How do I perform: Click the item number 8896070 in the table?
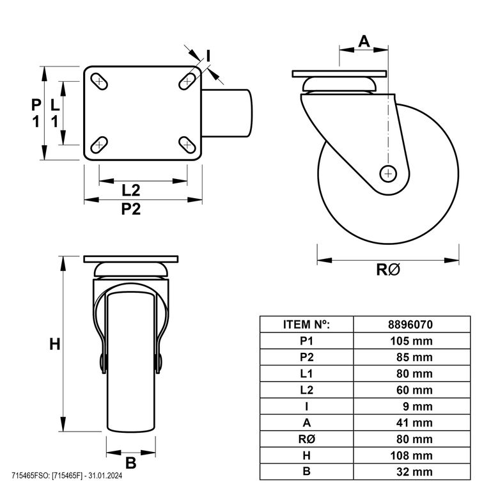(410, 324)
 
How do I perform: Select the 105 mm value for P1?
(411, 341)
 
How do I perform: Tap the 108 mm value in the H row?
(411, 455)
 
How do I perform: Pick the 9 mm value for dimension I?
(417, 407)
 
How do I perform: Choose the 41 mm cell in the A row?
(414, 423)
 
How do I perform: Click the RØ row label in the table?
(307, 439)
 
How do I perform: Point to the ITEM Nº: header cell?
(307, 324)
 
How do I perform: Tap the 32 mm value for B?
(414, 472)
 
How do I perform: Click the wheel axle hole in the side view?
(388, 173)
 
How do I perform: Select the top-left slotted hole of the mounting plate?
(99, 81)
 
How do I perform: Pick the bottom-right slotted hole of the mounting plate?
(187, 145)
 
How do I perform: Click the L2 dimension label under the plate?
(130, 191)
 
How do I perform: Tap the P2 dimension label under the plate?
(131, 209)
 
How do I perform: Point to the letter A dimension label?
(364, 42)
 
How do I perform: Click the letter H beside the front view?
(55, 345)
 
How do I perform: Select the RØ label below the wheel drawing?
(388, 269)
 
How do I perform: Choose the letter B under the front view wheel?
(131, 463)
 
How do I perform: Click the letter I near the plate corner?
(208, 56)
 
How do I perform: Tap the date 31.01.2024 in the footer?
(105, 476)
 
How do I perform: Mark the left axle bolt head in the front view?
(103, 363)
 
